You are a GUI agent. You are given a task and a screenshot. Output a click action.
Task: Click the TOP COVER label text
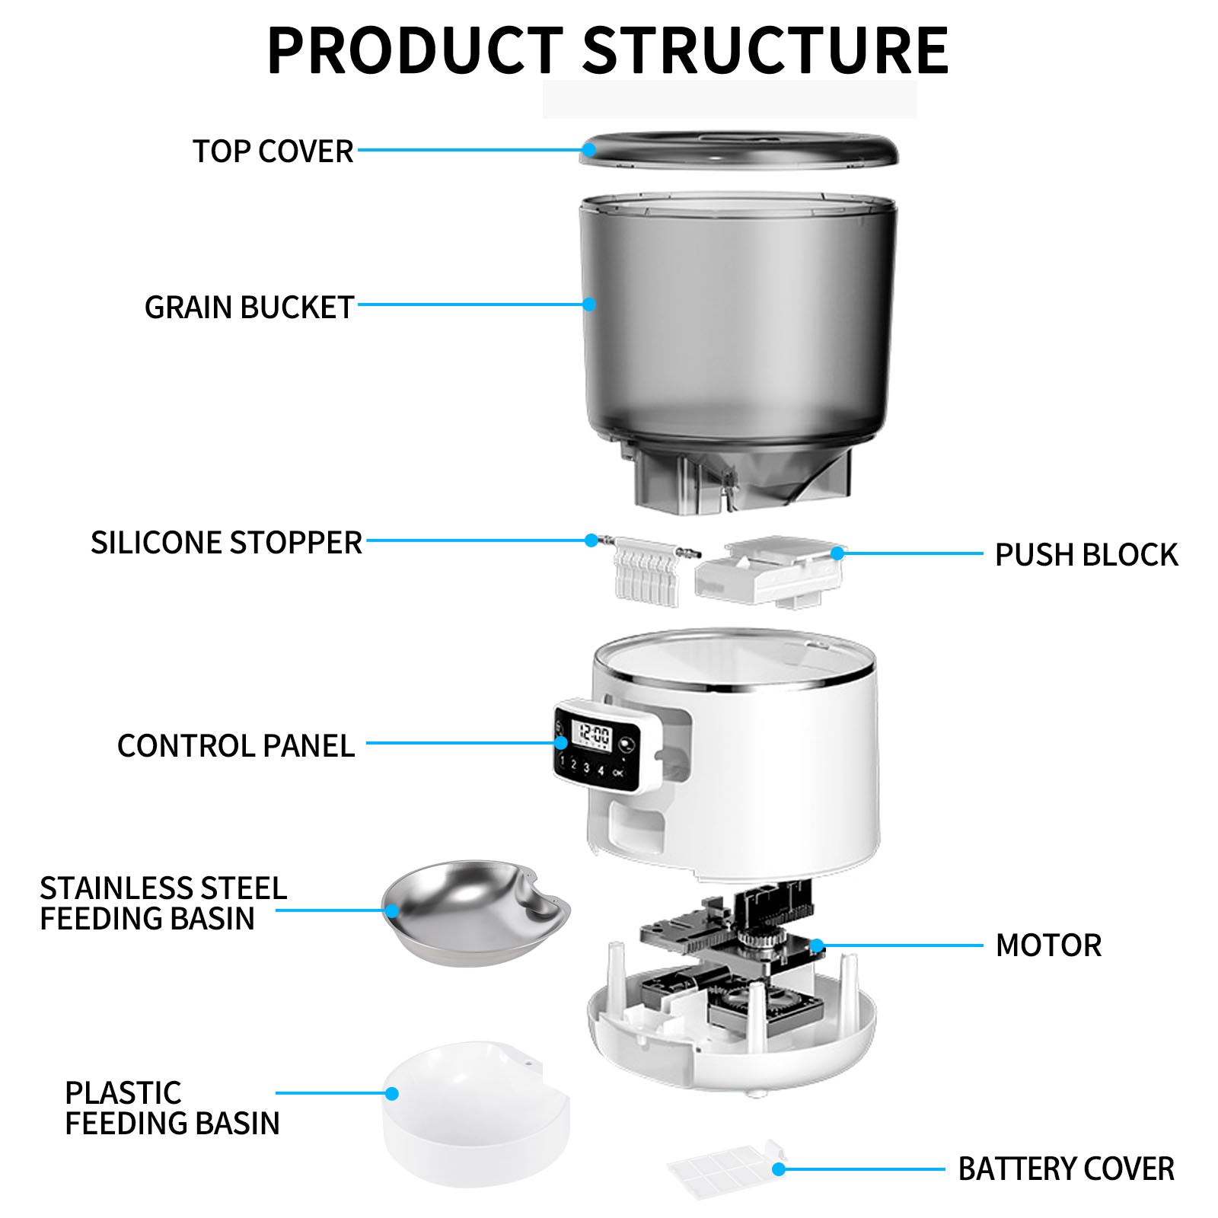(x=273, y=151)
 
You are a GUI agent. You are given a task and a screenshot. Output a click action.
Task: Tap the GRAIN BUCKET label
(x=249, y=308)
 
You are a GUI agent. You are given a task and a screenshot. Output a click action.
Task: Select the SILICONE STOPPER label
(x=226, y=543)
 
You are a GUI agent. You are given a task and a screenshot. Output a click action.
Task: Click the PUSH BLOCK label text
(x=1086, y=555)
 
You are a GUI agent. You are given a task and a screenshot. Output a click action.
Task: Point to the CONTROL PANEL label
(x=236, y=746)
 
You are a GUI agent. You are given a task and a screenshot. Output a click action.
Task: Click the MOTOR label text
(x=1048, y=945)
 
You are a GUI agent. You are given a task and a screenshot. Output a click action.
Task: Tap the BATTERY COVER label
(x=1066, y=1169)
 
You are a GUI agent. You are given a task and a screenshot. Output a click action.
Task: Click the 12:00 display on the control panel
(x=594, y=735)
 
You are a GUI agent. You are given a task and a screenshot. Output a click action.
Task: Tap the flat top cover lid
(x=738, y=149)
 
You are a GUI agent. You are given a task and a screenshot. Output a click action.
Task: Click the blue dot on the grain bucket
(x=588, y=304)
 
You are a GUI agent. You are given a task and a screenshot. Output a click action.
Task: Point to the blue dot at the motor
(x=817, y=946)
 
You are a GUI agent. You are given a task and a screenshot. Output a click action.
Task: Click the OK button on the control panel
(x=617, y=772)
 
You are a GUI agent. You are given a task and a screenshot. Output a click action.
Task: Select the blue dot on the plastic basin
(x=392, y=1093)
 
